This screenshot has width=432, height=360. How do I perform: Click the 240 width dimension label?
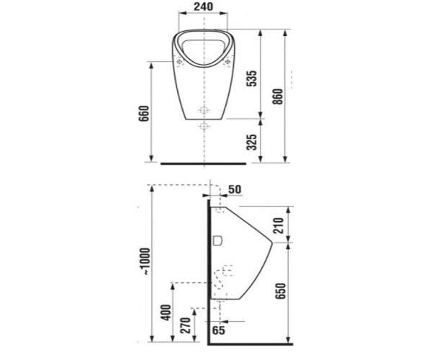[x=203, y=6]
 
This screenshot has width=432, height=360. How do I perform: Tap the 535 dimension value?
[x=251, y=78]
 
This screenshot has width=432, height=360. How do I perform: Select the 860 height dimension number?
[x=278, y=96]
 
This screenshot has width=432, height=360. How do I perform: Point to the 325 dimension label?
[x=251, y=143]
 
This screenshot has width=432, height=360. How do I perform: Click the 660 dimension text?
[x=143, y=114]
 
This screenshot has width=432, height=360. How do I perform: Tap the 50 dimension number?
[x=235, y=189]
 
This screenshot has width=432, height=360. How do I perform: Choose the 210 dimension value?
[x=278, y=225]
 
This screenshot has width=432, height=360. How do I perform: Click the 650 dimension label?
[x=281, y=291]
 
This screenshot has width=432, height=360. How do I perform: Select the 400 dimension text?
[x=166, y=312]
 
